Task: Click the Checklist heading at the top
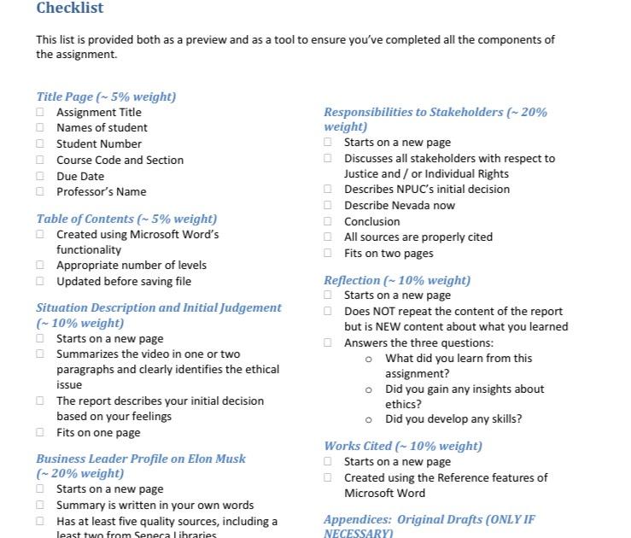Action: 69,9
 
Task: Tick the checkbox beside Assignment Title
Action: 40,112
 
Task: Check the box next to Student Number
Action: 40,143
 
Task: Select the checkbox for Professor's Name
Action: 40,191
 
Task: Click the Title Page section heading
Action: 106,96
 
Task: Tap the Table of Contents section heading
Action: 126,219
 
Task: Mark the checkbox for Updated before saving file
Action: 40,281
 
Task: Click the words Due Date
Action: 80,176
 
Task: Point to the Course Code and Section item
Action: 120,160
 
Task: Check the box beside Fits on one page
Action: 40,432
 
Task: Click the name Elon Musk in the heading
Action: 217,459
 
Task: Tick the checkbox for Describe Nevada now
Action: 328,205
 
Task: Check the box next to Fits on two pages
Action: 328,253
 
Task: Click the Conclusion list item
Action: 371,221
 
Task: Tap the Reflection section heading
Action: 396,280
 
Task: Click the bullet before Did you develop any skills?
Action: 369,419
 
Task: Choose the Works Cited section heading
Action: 402,446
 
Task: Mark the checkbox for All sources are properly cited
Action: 328,237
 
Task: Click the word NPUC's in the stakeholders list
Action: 416,190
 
